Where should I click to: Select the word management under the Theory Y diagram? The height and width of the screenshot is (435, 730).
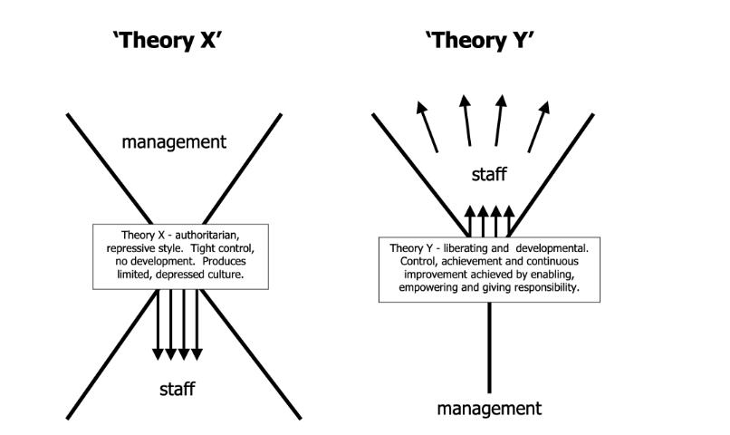(x=489, y=408)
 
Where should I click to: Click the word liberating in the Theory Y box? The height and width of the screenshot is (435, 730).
(x=469, y=248)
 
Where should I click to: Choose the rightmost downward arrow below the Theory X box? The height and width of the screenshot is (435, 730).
(x=197, y=323)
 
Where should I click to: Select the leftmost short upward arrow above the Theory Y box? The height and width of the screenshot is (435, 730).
(x=468, y=220)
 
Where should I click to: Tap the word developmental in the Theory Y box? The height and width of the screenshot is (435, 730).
(x=546, y=248)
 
